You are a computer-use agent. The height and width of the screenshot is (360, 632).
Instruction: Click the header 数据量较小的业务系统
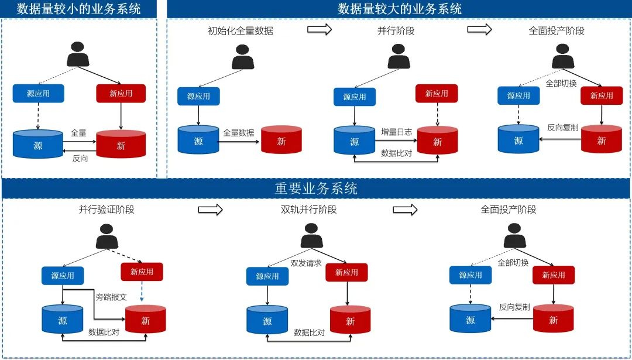[x=79, y=9]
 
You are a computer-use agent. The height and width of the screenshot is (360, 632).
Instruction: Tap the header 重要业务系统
[x=316, y=188]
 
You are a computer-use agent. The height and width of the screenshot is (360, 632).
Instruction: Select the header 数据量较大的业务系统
[x=400, y=9]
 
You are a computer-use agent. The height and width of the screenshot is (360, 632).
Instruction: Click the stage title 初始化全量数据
[x=241, y=31]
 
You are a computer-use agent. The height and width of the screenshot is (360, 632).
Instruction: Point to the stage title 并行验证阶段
[x=107, y=210]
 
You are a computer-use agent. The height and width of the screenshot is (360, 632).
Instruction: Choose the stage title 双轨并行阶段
[x=308, y=210]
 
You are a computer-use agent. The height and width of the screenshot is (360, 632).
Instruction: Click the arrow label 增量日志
[x=396, y=132]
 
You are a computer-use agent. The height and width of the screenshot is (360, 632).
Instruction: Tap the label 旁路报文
[x=111, y=297]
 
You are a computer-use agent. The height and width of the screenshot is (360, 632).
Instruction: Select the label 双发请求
[x=306, y=263]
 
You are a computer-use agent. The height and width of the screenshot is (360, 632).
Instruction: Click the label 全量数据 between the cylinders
[x=239, y=133]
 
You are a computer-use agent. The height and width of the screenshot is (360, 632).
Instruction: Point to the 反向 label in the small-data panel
[x=80, y=158]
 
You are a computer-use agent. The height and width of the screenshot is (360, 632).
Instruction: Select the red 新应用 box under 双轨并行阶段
[x=346, y=272]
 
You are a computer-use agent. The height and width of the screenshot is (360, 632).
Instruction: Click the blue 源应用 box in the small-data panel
[x=39, y=93]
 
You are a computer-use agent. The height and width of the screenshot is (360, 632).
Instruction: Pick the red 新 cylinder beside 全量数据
[x=281, y=140]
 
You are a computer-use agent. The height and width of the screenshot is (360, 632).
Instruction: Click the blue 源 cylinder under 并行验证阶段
[x=62, y=320]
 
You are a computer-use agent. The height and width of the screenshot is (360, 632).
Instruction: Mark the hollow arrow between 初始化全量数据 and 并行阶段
[x=320, y=30]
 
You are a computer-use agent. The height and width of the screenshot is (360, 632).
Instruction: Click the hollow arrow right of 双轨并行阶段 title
[x=404, y=209]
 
